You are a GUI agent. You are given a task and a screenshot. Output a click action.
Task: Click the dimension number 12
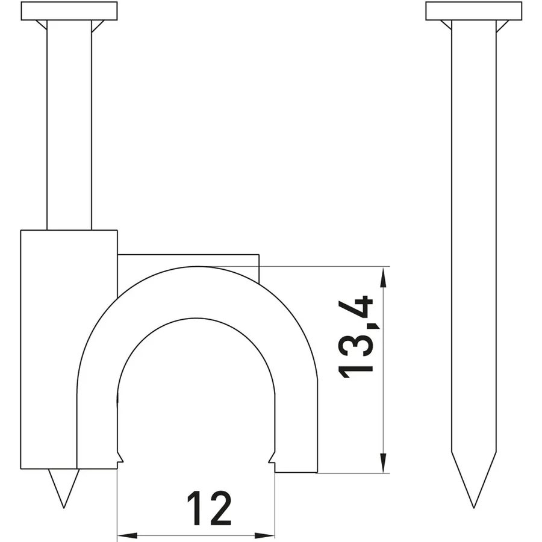[x=209, y=508]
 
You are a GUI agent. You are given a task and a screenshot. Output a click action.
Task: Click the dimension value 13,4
[x=356, y=337]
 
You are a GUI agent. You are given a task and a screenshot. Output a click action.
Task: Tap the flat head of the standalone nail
[x=473, y=11]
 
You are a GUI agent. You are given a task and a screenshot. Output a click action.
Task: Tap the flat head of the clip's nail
[x=69, y=11]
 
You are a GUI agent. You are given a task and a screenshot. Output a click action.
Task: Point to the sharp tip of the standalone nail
[x=473, y=508]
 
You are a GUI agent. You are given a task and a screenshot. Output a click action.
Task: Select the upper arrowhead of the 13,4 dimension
[x=382, y=278]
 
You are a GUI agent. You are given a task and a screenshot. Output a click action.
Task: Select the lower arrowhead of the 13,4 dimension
[x=382, y=462]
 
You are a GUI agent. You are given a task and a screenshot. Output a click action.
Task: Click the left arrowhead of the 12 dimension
[x=127, y=536]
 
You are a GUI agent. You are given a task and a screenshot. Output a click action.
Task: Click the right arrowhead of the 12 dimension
[x=265, y=536]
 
